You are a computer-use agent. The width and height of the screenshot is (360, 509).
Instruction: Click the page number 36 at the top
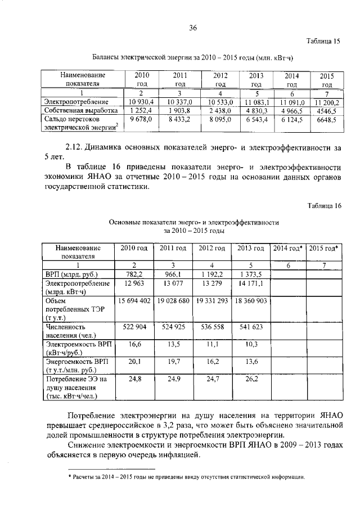tap(193, 28)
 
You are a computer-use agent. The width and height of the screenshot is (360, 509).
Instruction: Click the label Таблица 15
tap(323, 41)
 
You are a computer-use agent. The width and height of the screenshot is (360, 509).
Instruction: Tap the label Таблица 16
tap(325, 206)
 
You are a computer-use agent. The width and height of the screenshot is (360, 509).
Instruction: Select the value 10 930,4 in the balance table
tap(141, 102)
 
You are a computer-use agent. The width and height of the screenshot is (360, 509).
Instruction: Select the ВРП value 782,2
tap(133, 274)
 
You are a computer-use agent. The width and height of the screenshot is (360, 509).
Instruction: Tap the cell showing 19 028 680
tap(172, 301)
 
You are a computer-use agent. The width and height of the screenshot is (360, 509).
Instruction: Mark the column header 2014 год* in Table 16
tap(287, 248)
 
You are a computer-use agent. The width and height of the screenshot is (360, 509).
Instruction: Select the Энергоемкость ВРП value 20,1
tap(133, 362)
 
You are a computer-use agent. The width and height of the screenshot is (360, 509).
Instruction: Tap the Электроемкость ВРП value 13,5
tap(172, 344)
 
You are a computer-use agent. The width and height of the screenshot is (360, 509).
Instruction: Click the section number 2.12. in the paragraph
tap(74, 148)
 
